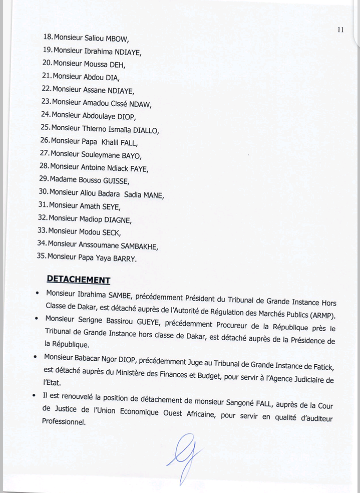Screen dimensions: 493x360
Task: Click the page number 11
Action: (340, 30)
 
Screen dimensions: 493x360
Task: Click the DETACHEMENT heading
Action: (78, 280)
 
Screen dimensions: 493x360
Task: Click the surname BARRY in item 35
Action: (123, 259)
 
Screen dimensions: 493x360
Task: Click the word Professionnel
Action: (64, 422)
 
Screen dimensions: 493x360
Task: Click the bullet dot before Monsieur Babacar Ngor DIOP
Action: (35, 357)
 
